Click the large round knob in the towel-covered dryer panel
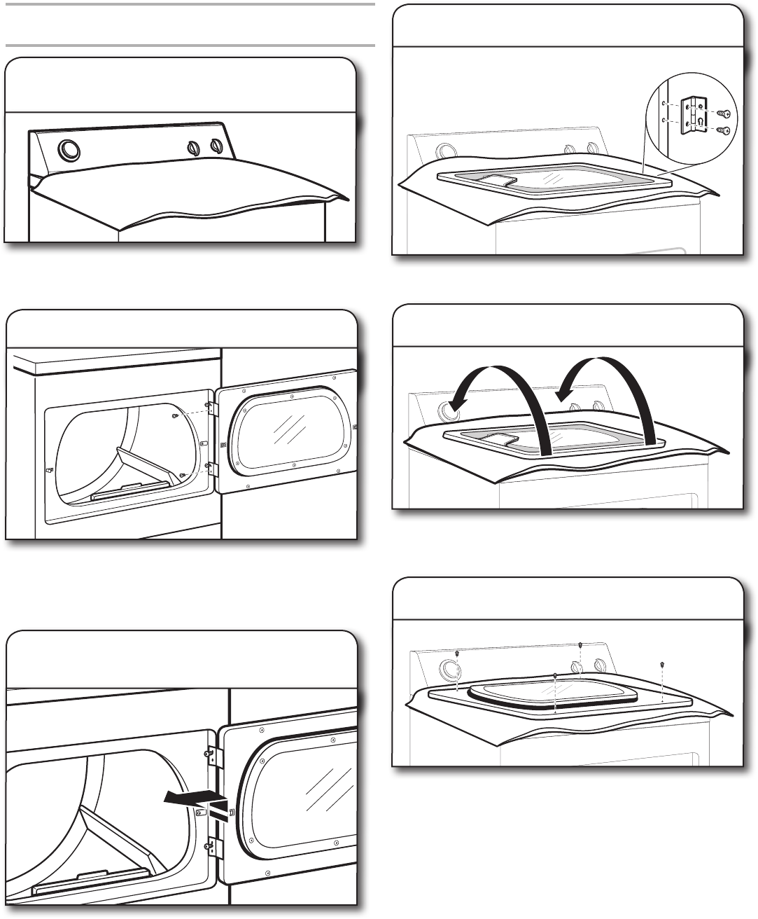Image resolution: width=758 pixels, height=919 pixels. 69,150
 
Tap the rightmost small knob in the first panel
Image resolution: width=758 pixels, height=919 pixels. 216,147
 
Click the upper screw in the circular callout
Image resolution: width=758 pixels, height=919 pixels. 724,113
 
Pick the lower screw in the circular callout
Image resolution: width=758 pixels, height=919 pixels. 724,130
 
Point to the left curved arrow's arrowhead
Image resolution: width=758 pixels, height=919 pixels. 459,404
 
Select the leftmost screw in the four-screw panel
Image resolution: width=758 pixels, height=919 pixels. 457,654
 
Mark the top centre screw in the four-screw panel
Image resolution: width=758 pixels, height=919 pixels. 580,644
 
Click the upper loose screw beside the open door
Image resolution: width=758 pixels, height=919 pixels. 175,416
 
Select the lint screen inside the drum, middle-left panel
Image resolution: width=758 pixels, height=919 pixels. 129,488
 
